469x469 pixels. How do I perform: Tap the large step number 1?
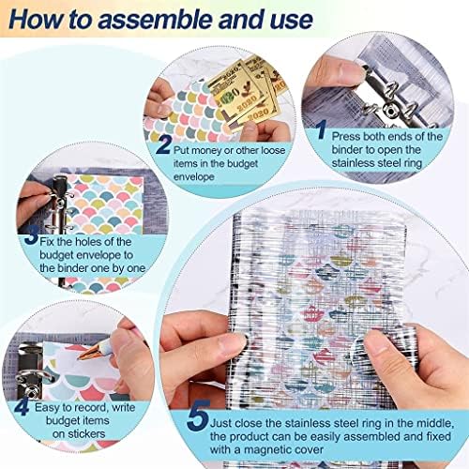pyautogui.click(x=322, y=129)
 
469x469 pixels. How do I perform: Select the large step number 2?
pyautogui.click(x=163, y=144)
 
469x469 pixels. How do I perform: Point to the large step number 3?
pyautogui.click(x=31, y=236)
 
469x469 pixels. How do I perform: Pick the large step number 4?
pyautogui.click(x=22, y=407)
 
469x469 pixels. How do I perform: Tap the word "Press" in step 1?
pyautogui.click(x=346, y=137)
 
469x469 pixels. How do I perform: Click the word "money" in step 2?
pyautogui.click(x=204, y=150)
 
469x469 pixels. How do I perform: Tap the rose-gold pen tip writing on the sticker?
pyautogui.click(x=85, y=354)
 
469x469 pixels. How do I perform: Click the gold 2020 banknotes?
pyautogui.click(x=247, y=92)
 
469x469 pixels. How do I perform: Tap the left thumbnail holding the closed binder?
pyautogui.click(x=232, y=343)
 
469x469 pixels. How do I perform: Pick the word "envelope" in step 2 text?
pyautogui.click(x=194, y=177)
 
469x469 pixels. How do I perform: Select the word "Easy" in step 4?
pyautogui.click(x=47, y=408)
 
